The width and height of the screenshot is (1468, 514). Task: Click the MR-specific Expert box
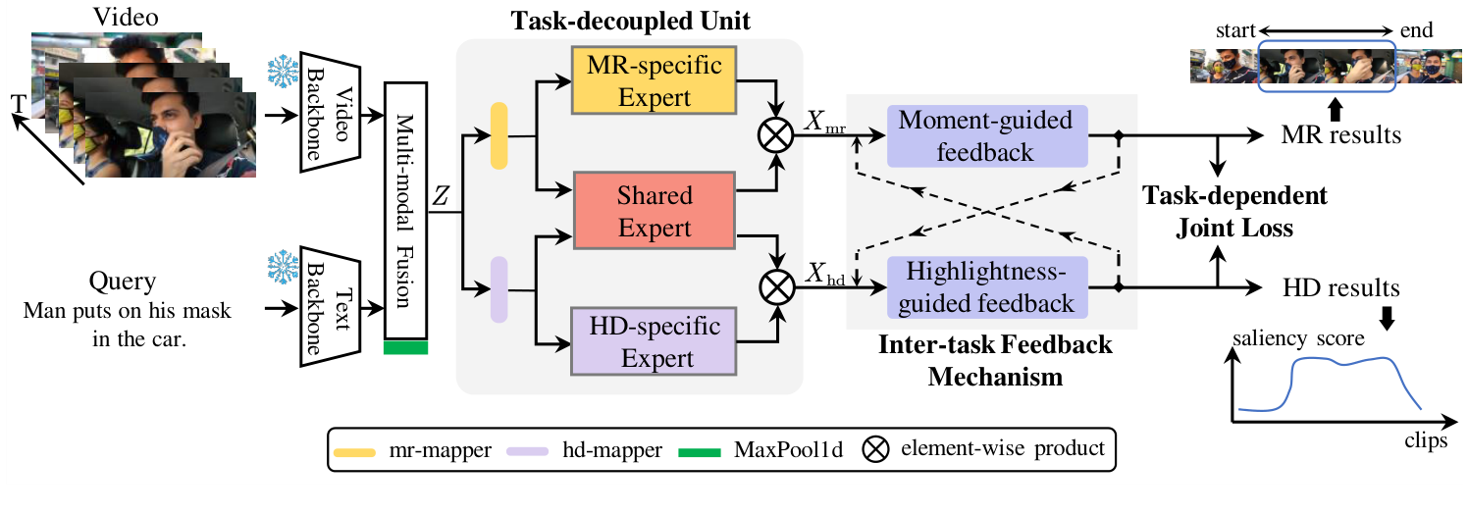click(655, 81)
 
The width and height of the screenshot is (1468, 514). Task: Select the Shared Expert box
click(655, 212)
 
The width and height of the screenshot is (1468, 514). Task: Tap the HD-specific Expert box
click(655, 342)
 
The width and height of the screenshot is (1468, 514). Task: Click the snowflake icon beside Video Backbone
click(283, 73)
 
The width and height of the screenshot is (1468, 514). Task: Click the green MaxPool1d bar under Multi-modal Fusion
click(406, 346)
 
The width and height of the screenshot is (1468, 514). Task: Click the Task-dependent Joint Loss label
click(1233, 212)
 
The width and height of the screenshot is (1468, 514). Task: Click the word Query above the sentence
click(123, 283)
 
